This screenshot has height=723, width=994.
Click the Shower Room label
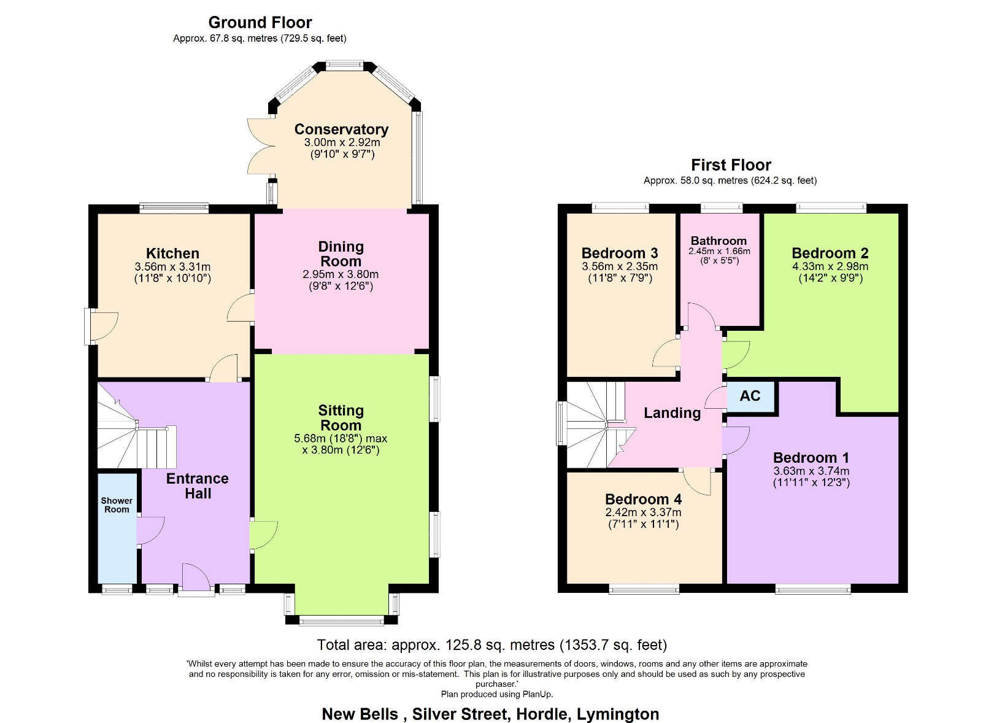(117, 505)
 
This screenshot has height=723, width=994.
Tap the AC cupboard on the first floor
(750, 396)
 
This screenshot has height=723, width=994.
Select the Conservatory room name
(341, 130)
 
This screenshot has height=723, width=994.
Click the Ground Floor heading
(260, 23)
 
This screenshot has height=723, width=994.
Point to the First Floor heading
(731, 165)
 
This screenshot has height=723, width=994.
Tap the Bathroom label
(719, 241)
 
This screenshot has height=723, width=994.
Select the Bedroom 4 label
(643, 500)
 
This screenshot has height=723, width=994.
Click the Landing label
(672, 413)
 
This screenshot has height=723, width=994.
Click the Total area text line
(491, 645)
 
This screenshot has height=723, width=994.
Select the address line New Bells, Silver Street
(490, 714)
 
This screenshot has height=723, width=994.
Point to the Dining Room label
(341, 254)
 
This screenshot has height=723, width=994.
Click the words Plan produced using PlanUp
(497, 694)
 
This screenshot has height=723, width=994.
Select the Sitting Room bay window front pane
(341, 621)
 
